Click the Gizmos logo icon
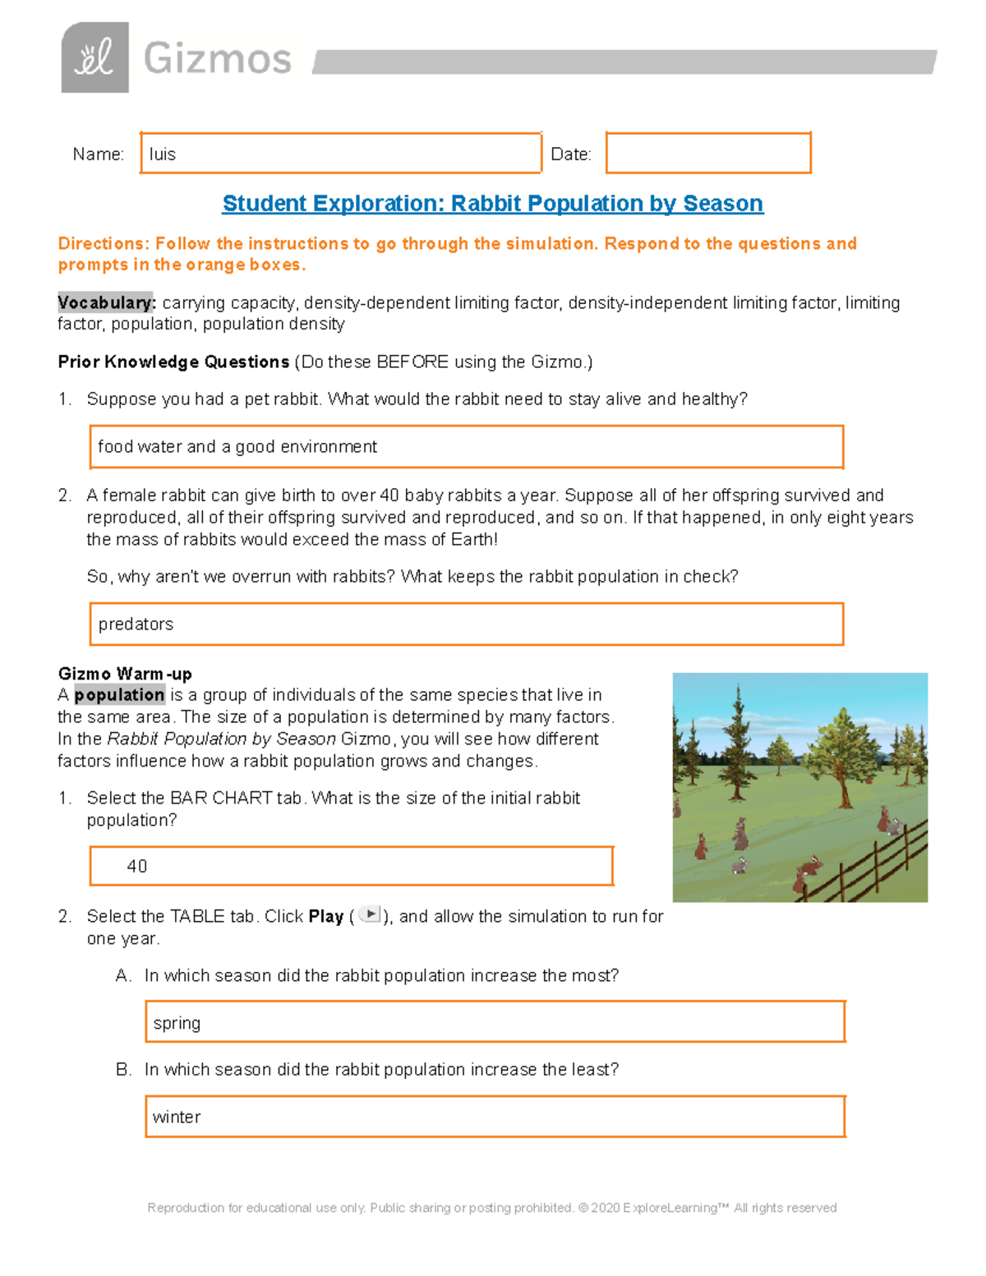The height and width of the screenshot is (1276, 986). click(x=94, y=58)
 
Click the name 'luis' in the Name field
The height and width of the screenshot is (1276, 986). click(x=163, y=154)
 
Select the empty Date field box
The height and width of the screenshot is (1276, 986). click(x=708, y=153)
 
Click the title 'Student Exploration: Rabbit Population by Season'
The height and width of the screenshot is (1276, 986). click(x=492, y=203)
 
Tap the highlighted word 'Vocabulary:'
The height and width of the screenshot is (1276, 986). click(x=106, y=302)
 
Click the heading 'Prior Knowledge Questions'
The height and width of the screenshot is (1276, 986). click(x=173, y=362)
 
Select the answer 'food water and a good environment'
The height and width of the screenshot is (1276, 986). click(x=237, y=446)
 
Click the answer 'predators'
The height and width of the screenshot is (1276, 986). click(x=136, y=624)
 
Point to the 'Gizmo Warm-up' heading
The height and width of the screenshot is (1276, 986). click(x=125, y=674)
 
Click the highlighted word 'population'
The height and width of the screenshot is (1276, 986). click(x=119, y=695)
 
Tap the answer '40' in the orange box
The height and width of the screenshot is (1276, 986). click(x=137, y=866)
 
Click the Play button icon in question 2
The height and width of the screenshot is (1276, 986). click(x=371, y=914)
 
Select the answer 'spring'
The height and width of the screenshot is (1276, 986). click(x=177, y=1023)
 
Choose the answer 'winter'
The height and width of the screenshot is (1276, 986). click(x=177, y=1117)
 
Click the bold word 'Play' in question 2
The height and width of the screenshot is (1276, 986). click(x=325, y=916)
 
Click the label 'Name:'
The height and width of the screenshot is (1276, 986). click(x=98, y=154)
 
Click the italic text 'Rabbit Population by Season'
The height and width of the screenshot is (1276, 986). click(x=222, y=739)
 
